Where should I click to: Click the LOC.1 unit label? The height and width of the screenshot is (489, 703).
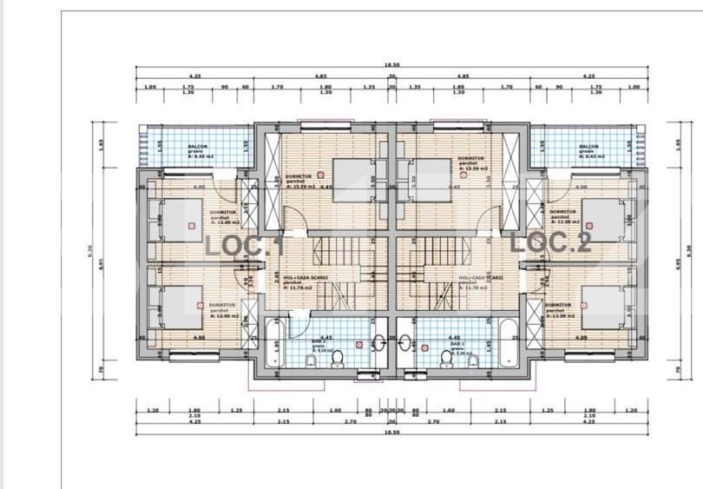[x=246, y=245]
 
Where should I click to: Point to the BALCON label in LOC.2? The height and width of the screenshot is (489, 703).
[x=588, y=147]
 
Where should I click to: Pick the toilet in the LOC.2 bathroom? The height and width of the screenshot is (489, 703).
[x=447, y=356]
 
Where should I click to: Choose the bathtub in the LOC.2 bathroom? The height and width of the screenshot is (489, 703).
[x=506, y=342]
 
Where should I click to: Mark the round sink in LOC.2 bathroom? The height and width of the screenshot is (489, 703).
[x=404, y=341]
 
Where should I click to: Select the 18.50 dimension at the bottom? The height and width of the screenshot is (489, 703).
[x=392, y=432]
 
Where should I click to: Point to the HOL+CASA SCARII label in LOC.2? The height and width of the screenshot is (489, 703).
[x=481, y=278]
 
